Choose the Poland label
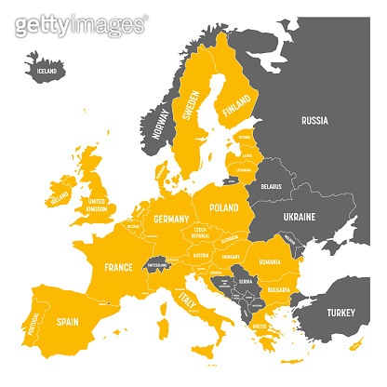pyautogui.click(x=225, y=207)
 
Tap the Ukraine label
pyautogui.click(x=300, y=217)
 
